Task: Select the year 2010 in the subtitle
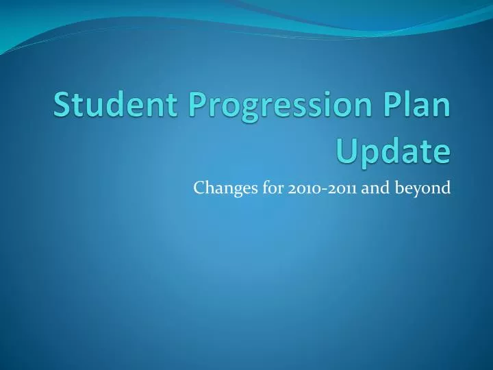(302, 187)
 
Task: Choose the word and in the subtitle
(374, 187)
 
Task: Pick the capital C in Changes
(199, 187)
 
